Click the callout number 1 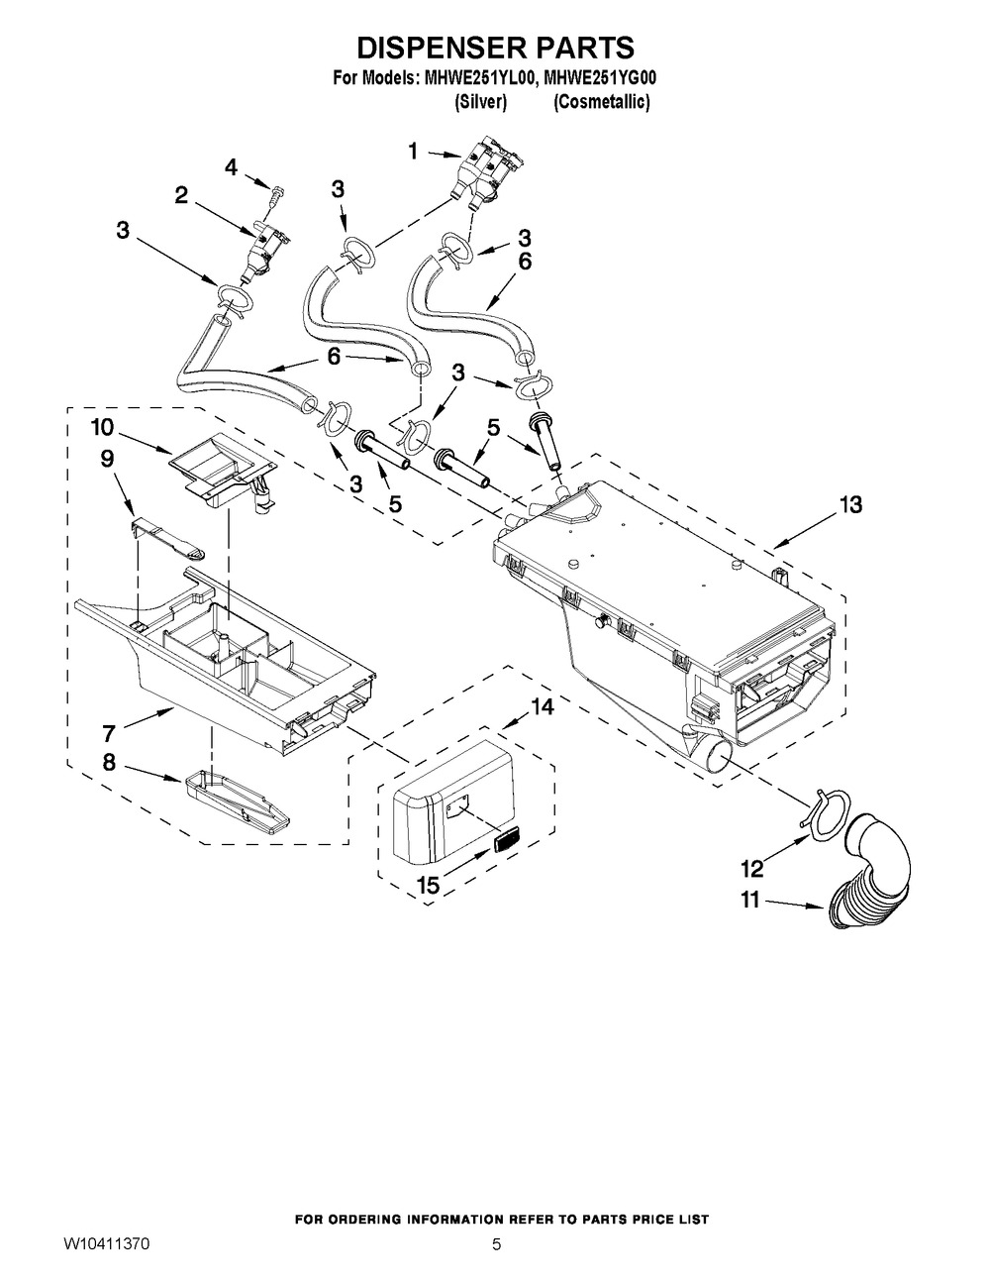pos(414,152)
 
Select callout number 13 pos(849,505)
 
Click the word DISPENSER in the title pos(438,49)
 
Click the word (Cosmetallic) pos(602,102)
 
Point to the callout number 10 pos(102,427)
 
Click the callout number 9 pos(108,459)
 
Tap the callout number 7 pos(109,733)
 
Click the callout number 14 pos(543,706)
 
